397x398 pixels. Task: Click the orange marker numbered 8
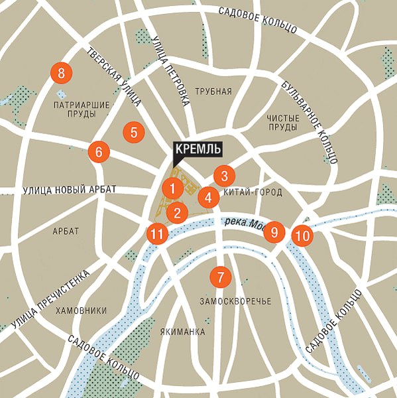[61, 73]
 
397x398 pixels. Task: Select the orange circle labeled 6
[99, 152]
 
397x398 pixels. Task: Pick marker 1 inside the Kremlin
[172, 188]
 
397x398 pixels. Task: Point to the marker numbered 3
[225, 176]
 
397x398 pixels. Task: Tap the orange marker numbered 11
[156, 233]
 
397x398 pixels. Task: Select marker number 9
[274, 232]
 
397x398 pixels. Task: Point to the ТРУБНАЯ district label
[213, 92]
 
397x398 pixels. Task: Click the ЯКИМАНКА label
[183, 332]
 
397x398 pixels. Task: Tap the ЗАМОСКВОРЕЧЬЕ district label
[235, 302]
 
